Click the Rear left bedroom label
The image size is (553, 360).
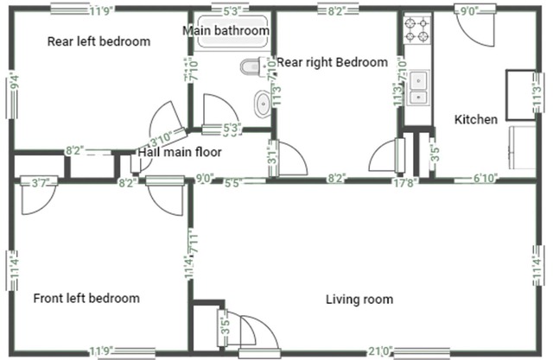point(99,41)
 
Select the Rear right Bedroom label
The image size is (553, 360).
point(331,62)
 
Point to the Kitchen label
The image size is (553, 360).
point(476,119)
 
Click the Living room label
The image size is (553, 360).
point(359,300)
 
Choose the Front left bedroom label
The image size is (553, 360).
point(86,299)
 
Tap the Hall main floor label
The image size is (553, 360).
point(180,153)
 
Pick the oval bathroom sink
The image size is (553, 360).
point(262,104)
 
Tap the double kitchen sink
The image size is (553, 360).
point(419,82)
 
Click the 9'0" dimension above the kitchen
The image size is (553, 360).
point(467,11)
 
